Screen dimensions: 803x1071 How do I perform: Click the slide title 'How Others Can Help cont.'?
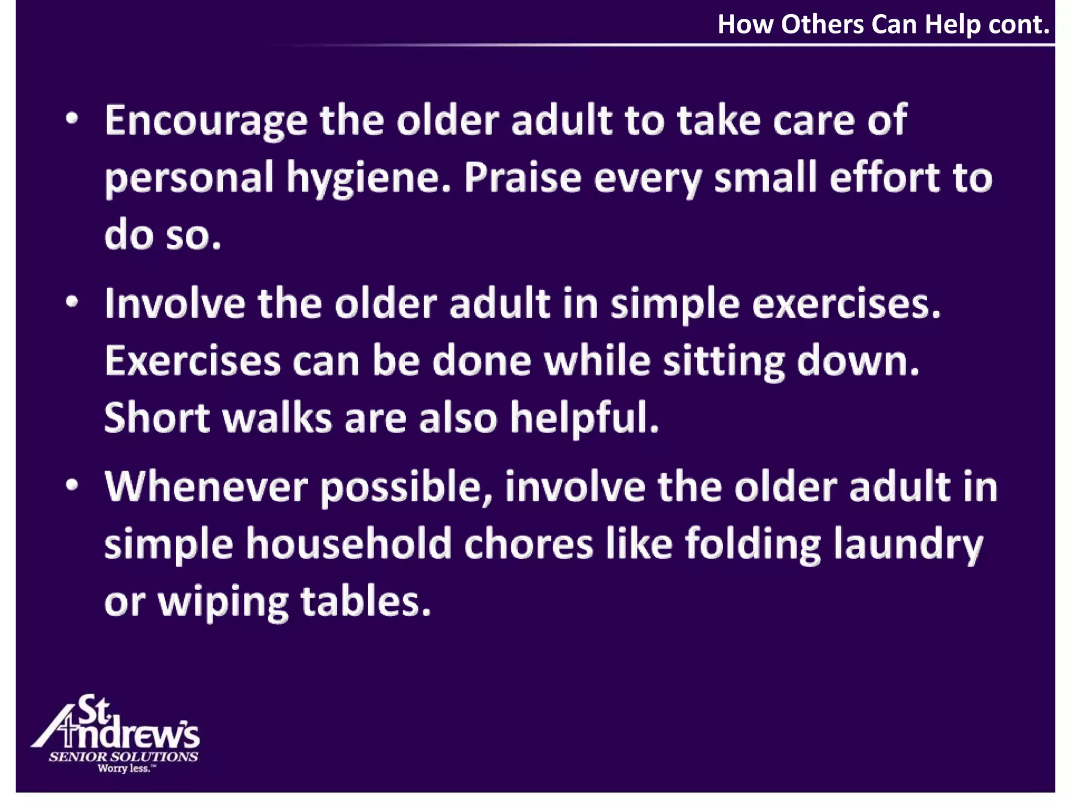tap(883, 25)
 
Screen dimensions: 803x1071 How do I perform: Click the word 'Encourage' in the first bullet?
tap(206, 121)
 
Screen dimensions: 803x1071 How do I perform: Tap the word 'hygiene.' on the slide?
tap(368, 179)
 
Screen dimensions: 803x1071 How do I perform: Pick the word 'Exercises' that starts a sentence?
tap(192, 361)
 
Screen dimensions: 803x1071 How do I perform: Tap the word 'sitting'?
tap(724, 362)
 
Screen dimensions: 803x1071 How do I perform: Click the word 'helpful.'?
tap(584, 419)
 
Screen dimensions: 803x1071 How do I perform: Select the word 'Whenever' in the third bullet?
tap(206, 487)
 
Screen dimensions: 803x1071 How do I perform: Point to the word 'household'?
tap(348, 544)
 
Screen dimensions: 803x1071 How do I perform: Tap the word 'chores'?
tap(528, 544)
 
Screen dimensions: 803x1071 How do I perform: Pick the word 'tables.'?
tap(366, 602)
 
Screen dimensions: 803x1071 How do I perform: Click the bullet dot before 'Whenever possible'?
tap(72, 485)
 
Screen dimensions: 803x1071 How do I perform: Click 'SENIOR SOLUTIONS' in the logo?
tap(123, 756)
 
